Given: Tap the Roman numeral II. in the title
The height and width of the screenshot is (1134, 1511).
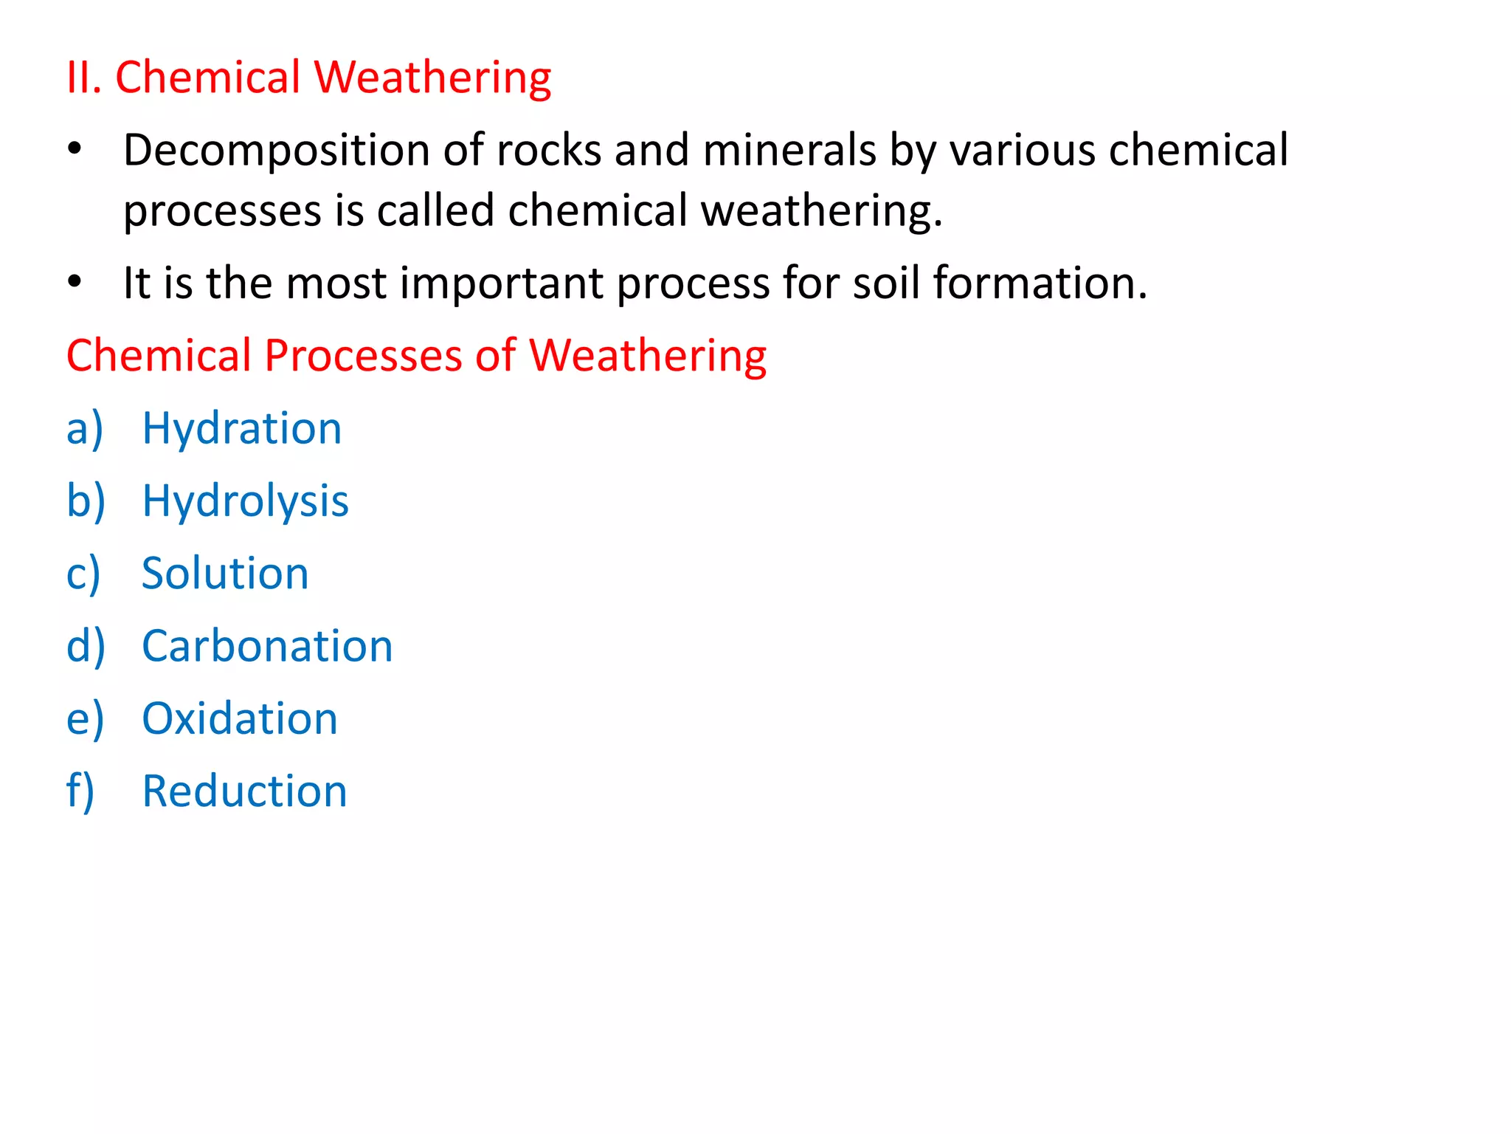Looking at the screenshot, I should tap(83, 77).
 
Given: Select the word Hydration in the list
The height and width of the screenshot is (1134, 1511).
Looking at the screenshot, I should tap(242, 429).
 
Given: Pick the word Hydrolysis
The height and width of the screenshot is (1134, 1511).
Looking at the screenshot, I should tap(245, 501).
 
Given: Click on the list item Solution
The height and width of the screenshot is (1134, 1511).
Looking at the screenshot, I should tap(225, 574).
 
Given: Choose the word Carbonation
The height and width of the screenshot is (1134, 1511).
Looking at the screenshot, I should tap(267, 646).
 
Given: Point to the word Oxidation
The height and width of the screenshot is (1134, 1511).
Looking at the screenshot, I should tap(240, 718).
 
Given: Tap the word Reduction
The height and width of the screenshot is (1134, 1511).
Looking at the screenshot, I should tap(244, 791).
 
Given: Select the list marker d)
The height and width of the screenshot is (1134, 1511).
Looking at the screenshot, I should tap(86, 646).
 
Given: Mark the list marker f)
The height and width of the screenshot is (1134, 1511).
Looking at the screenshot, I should tap(80, 791).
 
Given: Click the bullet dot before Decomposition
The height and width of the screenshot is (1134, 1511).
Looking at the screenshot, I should tap(75, 150).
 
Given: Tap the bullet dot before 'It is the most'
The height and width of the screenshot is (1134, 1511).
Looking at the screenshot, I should tap(75, 281).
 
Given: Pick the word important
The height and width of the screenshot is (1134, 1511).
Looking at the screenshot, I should tap(502, 283).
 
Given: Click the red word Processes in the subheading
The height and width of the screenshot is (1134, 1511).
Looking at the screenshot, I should tap(363, 355).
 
